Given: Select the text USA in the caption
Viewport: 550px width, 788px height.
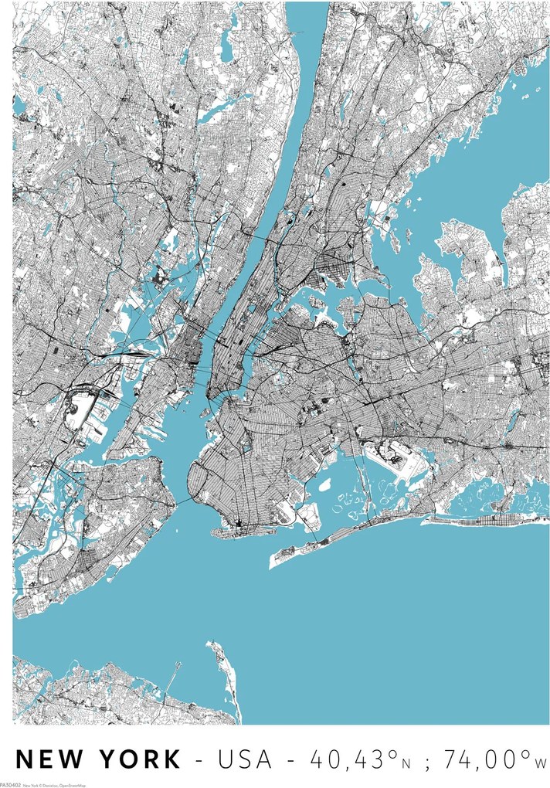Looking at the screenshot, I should (x=245, y=759).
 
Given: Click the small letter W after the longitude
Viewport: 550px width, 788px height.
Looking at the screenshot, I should (x=541, y=763).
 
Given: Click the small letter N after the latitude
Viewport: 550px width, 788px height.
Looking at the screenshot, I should (x=405, y=763).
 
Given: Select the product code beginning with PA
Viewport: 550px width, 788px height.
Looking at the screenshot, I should (x=10, y=784).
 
